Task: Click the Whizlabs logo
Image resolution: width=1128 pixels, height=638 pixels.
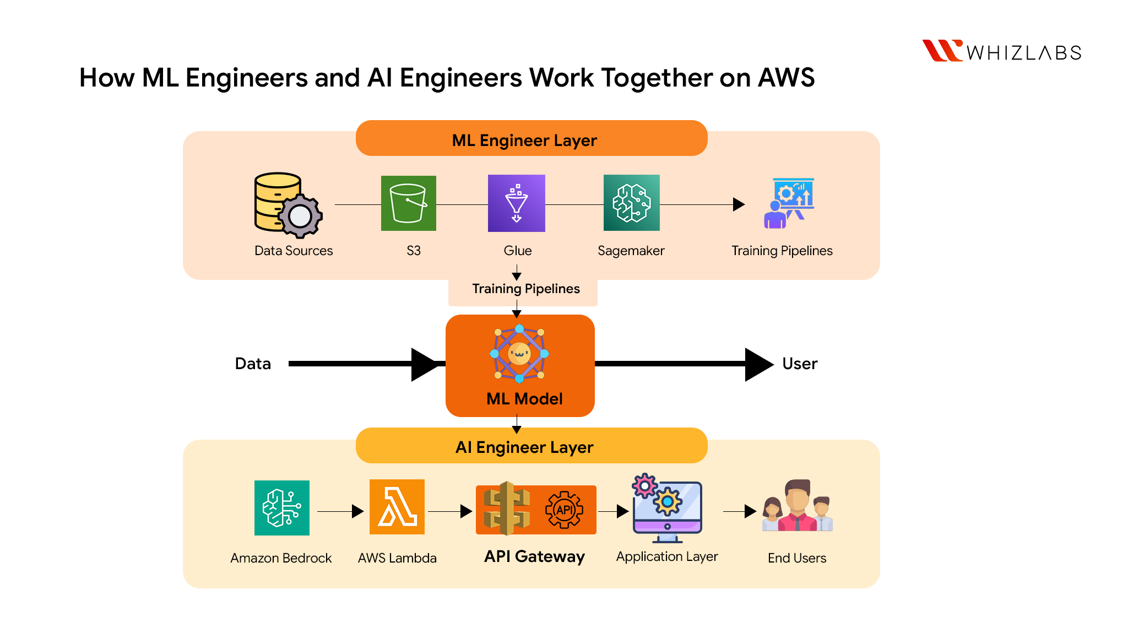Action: coord(1001,51)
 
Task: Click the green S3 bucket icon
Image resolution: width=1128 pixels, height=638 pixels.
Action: coord(408,203)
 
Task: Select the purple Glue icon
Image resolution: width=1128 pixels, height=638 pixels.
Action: coord(516,203)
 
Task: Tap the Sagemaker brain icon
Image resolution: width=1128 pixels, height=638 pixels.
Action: coord(631,203)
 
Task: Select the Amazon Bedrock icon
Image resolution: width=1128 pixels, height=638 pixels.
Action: coord(281,507)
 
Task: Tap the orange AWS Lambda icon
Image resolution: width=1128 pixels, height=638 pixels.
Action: coord(397,507)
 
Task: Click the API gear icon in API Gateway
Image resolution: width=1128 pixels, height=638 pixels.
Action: coord(564,510)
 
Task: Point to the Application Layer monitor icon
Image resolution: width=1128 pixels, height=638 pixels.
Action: coord(666,508)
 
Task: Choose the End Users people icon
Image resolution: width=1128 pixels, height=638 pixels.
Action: coord(797,507)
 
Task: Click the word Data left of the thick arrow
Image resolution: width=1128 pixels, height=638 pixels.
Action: coord(253,364)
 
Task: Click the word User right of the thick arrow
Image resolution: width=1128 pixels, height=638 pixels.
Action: coord(800,364)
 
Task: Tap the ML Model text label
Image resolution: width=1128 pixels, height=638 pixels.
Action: coord(524,399)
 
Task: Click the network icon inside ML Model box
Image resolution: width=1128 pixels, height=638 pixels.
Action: coord(519,354)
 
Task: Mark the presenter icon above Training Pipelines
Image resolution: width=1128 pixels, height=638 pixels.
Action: coord(789,203)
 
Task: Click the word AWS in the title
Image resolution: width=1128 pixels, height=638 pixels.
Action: coord(786,78)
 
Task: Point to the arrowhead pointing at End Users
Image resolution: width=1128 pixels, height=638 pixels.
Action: coord(750,511)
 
